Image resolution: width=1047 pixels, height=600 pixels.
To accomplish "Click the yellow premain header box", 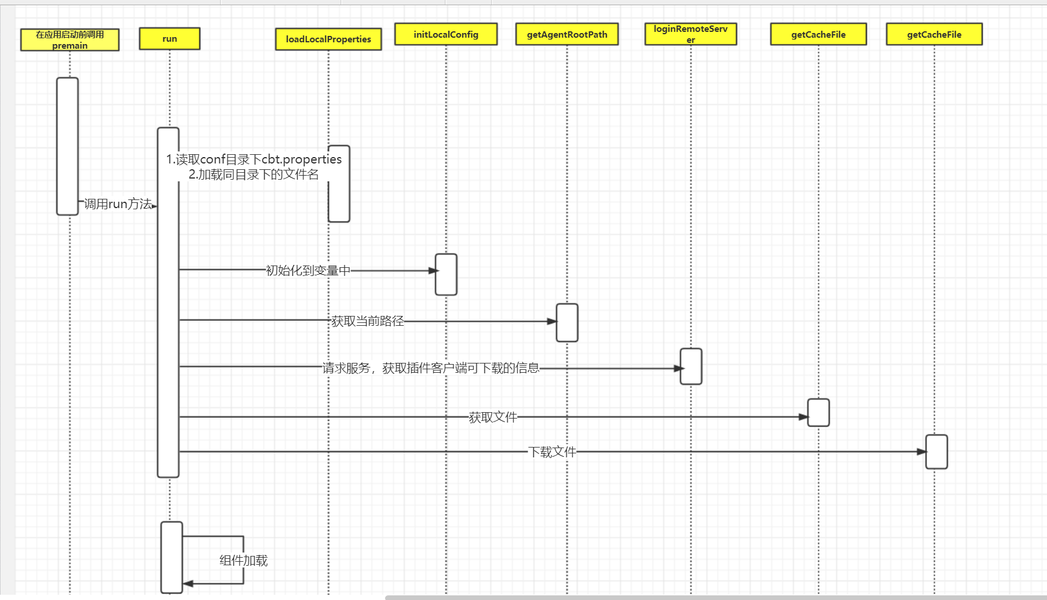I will pos(69,39).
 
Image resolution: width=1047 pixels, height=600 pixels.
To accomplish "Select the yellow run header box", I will pos(170,39).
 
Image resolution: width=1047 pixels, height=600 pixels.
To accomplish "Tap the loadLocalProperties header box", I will pos(328,39).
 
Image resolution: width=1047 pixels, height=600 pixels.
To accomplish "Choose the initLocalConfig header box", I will pos(446,34).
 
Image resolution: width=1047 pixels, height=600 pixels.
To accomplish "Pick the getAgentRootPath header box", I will pos(567,34).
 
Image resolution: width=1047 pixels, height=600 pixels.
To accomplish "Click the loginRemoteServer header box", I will pos(690,34).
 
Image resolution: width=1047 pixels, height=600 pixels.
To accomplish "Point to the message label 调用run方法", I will pos(118,204).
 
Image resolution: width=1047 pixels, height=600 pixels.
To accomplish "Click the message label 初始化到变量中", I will pos(308,271).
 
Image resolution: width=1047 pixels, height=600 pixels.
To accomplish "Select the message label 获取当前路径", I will pos(368,321).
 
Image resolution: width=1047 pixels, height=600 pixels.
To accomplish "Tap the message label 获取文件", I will pos(493,417).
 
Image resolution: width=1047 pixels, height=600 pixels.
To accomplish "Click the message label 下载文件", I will pos(552,452).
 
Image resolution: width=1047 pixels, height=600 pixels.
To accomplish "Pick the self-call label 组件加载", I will pos(243,561).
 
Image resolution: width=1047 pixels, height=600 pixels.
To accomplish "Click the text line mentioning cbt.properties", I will pos(254,159).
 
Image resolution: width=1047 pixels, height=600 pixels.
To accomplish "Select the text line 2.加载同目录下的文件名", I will pos(254,174).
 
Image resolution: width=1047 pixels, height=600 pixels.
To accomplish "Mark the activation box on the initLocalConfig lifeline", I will pos(446,275).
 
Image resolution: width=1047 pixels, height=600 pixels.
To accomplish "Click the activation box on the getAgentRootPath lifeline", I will pos(567,323).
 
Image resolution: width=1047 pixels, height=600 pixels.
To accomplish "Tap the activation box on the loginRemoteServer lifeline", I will pos(691,366).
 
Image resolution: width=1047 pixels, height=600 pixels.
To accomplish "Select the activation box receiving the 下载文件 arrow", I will pos(936,452).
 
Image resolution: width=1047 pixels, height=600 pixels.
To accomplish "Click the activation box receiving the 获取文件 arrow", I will pos(818,413).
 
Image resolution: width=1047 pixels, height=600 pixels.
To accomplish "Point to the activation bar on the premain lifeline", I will pos(67,146).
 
